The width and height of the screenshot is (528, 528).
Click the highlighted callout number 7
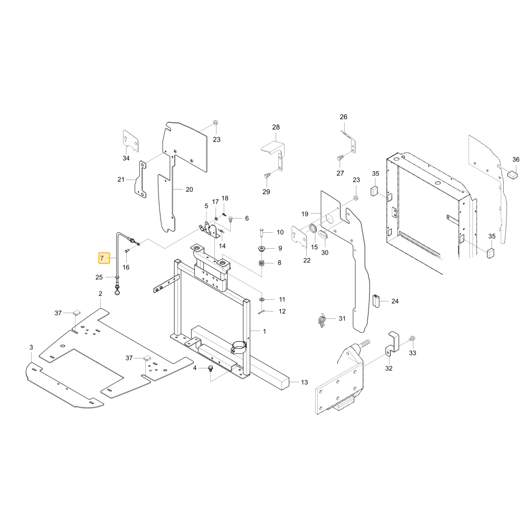[102, 258]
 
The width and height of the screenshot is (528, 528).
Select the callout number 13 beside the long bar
[305, 382]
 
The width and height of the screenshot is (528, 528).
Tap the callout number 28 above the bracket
[276, 127]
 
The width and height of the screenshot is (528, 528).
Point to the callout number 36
[516, 159]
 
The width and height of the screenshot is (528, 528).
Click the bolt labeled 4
[211, 368]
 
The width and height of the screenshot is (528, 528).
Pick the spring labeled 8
[262, 263]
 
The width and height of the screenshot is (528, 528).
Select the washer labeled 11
[262, 299]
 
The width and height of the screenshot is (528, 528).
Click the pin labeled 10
[261, 232]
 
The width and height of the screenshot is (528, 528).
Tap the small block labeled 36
[512, 175]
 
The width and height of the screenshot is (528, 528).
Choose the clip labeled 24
[376, 301]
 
